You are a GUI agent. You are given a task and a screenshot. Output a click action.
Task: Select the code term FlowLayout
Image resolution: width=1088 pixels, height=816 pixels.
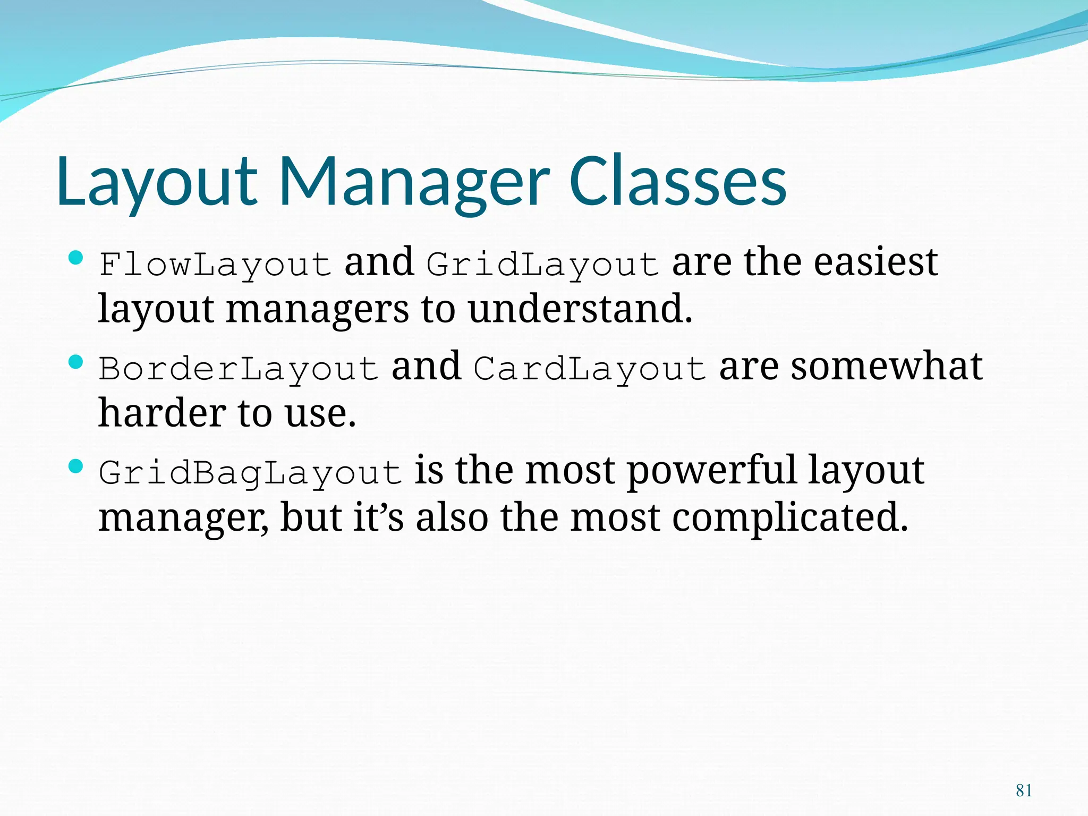(215, 265)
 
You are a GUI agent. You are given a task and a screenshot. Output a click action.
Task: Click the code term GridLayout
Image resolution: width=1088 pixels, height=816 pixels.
(542, 265)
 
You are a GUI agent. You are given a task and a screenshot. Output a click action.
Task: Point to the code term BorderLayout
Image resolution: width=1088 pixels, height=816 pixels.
(239, 369)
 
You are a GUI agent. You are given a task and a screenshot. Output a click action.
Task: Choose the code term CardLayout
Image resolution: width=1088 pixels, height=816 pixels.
(590, 369)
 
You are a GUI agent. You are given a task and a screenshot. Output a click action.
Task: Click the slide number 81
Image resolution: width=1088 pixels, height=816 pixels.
(1024, 790)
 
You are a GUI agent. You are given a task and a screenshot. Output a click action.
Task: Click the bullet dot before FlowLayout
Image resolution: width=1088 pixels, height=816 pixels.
(76, 259)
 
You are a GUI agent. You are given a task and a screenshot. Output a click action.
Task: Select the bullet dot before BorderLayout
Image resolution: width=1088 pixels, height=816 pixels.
(76, 363)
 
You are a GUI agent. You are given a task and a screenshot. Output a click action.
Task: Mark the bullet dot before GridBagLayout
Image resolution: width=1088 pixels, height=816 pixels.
(76, 467)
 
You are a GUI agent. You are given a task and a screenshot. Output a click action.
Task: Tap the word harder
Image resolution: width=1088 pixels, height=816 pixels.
(161, 413)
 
